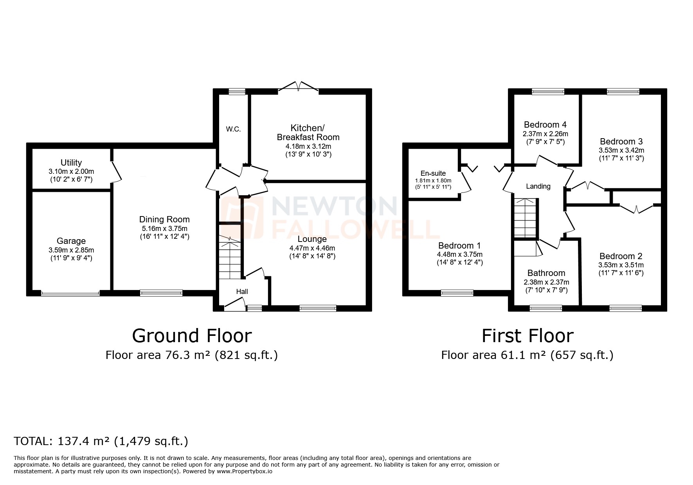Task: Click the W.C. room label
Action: [233, 130]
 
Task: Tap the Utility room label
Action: [71, 162]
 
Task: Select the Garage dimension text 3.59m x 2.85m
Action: [71, 250]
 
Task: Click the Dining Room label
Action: [164, 219]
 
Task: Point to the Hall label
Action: [242, 291]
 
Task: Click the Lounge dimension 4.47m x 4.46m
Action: [312, 248]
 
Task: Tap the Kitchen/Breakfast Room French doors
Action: [299, 87]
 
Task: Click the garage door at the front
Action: [70, 293]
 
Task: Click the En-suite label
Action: [433, 173]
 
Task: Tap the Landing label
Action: [538, 186]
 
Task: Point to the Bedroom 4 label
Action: [545, 124]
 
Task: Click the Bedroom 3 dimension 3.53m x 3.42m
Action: [621, 150]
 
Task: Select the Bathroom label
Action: [546, 273]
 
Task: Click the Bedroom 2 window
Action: [625, 308]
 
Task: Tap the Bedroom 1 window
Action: [457, 292]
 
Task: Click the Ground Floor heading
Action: [192, 336]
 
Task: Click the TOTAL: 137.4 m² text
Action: [101, 441]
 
